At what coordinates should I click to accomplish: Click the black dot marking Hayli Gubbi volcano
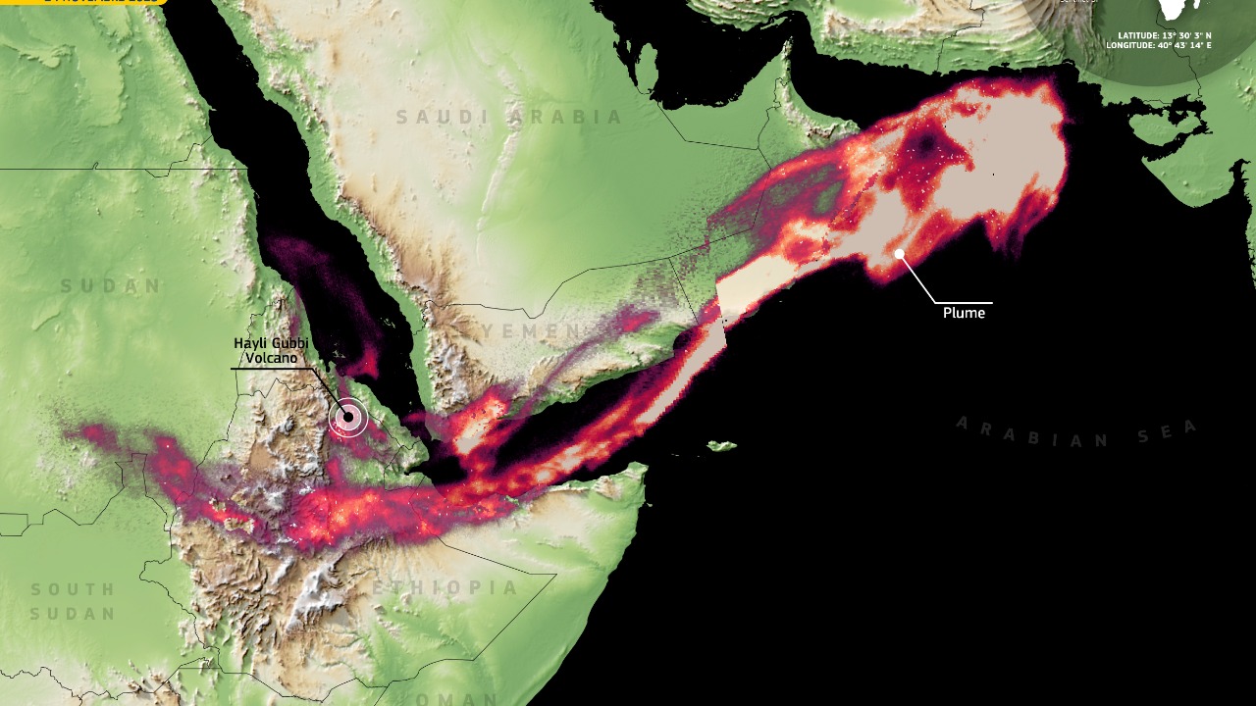[x=347, y=418]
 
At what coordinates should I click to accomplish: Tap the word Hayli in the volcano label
[x=249, y=343]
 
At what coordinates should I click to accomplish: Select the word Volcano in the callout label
[x=270, y=358]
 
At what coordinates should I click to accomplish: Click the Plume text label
[x=964, y=313]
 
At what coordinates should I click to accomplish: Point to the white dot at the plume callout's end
[x=899, y=254]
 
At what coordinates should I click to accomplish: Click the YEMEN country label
[x=532, y=331]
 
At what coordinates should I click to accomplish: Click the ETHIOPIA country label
[x=445, y=588]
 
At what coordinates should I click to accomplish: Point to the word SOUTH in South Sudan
[x=73, y=590]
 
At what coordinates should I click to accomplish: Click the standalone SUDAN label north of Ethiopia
[x=111, y=286]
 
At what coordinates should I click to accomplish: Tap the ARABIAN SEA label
[x=1076, y=431]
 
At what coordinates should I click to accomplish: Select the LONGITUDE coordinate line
[x=1158, y=45]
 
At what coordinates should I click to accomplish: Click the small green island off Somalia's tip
[x=721, y=447]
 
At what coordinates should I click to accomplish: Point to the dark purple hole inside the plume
[x=925, y=146]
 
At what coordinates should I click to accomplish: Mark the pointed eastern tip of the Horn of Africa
[x=647, y=468]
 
